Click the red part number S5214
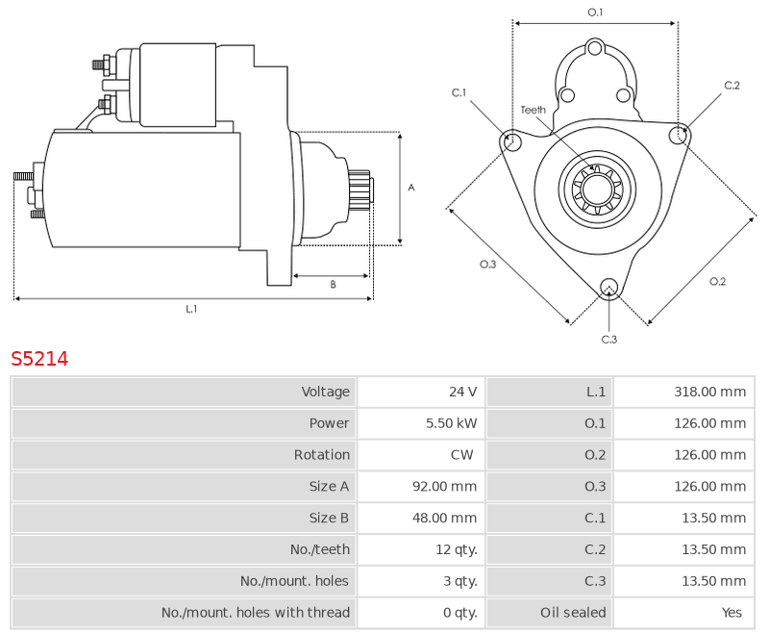pos(39,359)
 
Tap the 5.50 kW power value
pos(451,423)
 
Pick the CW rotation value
pos(462,454)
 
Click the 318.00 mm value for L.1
pos(709,392)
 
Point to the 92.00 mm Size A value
pos(444,486)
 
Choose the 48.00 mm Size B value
pos(444,518)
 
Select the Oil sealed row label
pos(573,613)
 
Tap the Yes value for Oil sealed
pos(732,613)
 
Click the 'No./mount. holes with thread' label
pos(256,613)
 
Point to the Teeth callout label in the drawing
pos(533,110)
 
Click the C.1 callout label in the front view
pos(459,92)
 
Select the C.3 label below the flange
pos(609,339)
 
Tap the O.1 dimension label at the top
pos(595,13)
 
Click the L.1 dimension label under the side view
pos(191,309)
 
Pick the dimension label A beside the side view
pos(411,188)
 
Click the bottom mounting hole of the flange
pos(609,287)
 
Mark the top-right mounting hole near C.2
pos(679,135)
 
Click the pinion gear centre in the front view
pos(597,189)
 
